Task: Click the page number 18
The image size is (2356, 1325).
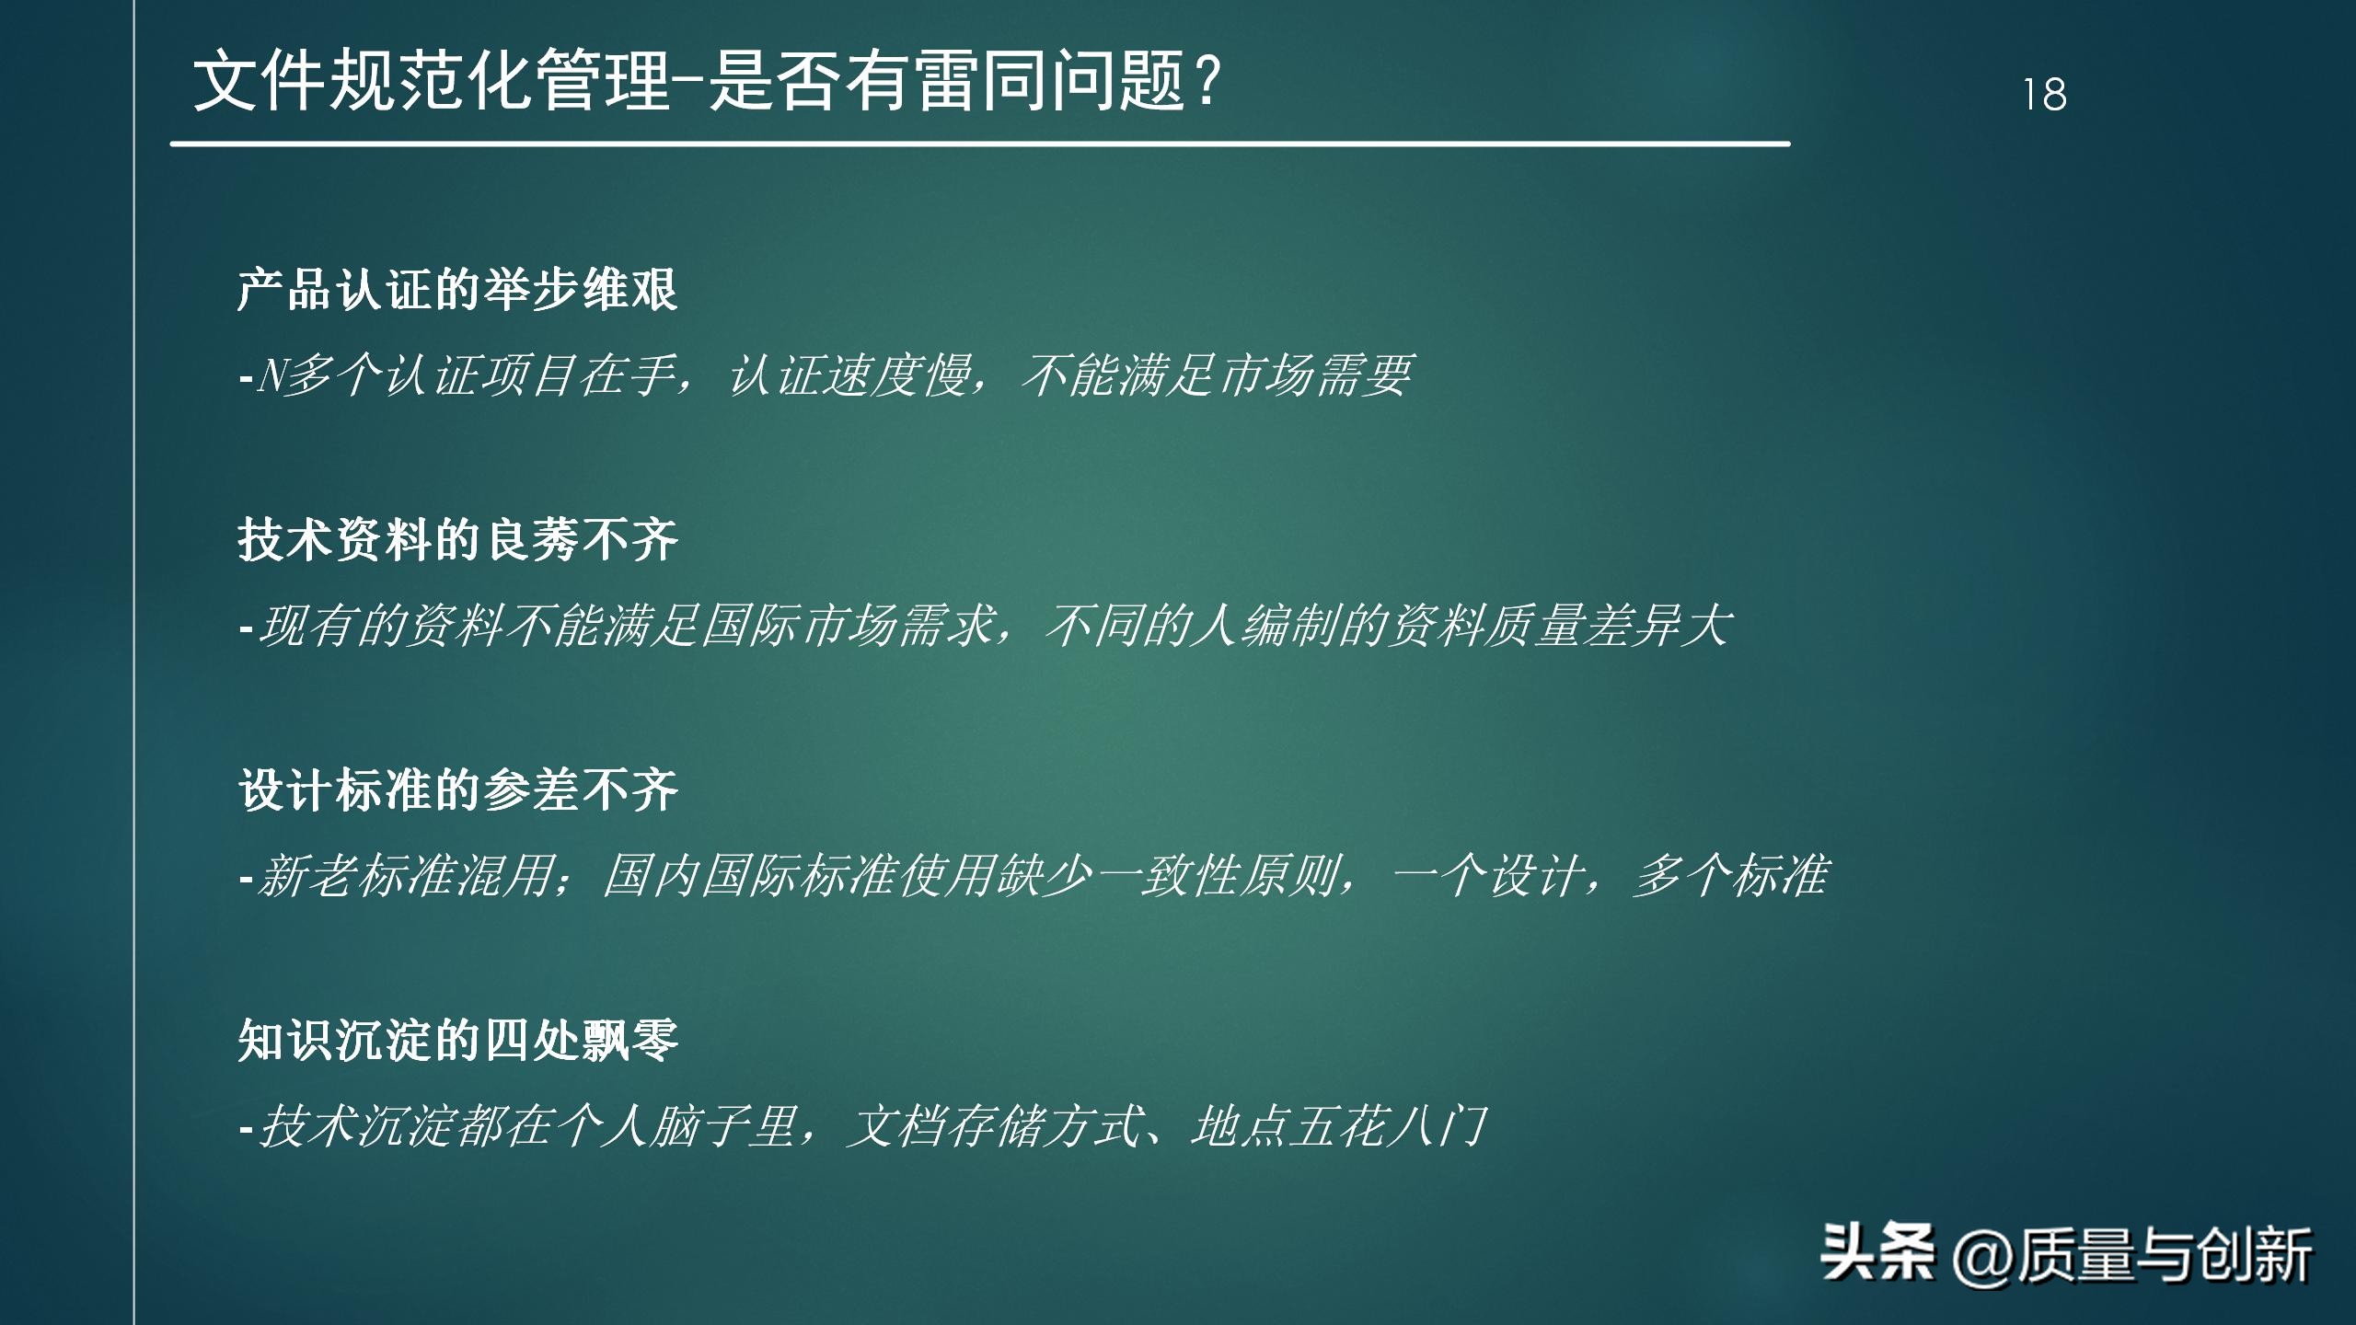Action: (2044, 94)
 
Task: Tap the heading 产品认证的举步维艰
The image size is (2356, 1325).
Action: (457, 290)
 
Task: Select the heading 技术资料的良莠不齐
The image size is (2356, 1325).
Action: (457, 539)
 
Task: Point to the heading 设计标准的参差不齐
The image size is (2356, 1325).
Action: (457, 789)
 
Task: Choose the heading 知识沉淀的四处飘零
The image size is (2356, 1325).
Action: (457, 1041)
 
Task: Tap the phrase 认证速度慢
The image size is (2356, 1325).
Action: (849, 375)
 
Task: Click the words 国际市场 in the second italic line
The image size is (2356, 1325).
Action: (798, 626)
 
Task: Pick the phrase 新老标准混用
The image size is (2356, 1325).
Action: (405, 876)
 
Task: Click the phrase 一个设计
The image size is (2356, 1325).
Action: (1489, 876)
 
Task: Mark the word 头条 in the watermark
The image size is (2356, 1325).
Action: (1877, 1253)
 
